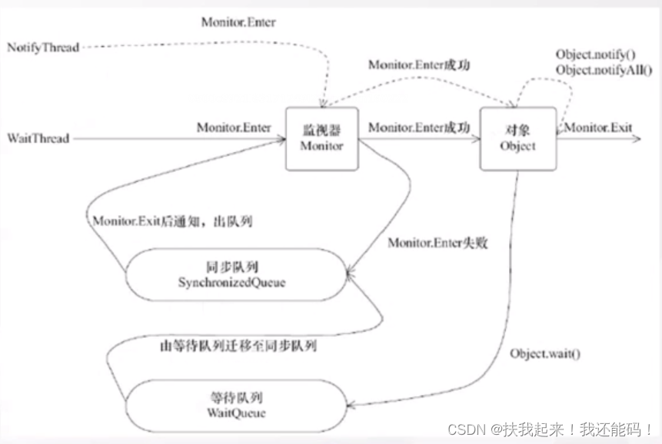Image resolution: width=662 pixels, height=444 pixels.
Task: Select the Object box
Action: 517,138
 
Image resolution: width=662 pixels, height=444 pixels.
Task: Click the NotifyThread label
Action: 43,48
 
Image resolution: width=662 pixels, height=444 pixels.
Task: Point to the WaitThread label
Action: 38,139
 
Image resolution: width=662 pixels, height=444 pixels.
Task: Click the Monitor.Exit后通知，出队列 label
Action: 173,221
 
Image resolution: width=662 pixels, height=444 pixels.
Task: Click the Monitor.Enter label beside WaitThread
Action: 233,128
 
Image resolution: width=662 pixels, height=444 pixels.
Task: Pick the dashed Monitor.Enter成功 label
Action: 418,65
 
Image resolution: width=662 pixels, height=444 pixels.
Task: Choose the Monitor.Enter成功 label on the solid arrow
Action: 418,128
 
